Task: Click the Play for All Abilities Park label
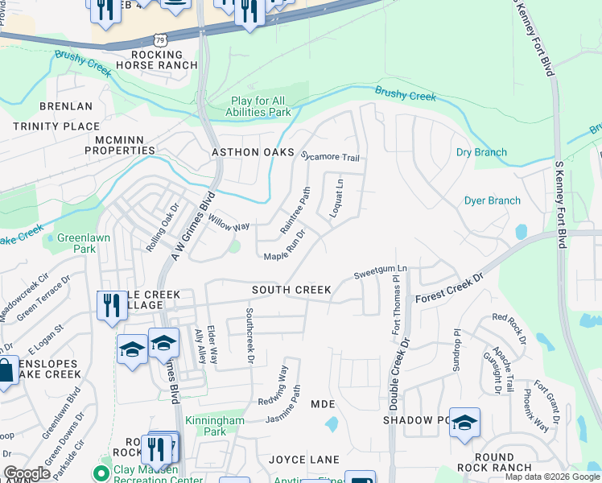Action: point(261,107)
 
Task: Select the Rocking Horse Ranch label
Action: point(156,59)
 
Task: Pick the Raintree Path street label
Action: point(295,211)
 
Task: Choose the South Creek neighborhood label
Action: point(291,289)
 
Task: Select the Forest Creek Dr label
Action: point(449,288)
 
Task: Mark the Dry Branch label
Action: point(481,152)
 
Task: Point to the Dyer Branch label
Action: point(493,200)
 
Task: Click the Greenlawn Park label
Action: point(76,244)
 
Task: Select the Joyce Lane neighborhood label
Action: point(304,460)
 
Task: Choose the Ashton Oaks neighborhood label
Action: point(241,152)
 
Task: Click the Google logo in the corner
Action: point(27,473)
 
